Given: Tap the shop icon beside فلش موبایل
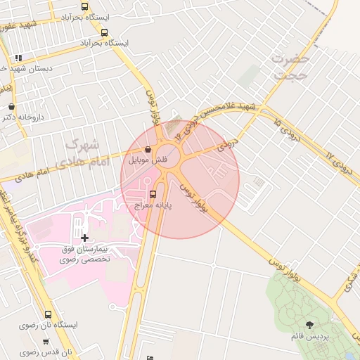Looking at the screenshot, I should [148, 149].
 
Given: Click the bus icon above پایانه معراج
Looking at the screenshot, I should [154, 193].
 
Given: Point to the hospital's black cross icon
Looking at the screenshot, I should [85, 238].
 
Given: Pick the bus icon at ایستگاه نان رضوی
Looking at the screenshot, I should [48, 314].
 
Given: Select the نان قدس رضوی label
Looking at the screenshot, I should [46, 353].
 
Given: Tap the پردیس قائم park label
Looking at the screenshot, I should [309, 337].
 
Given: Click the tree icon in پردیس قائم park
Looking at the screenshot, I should [310, 324].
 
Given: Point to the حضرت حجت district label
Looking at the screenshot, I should [290, 67].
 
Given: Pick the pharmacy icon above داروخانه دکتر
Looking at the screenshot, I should [11, 106].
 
